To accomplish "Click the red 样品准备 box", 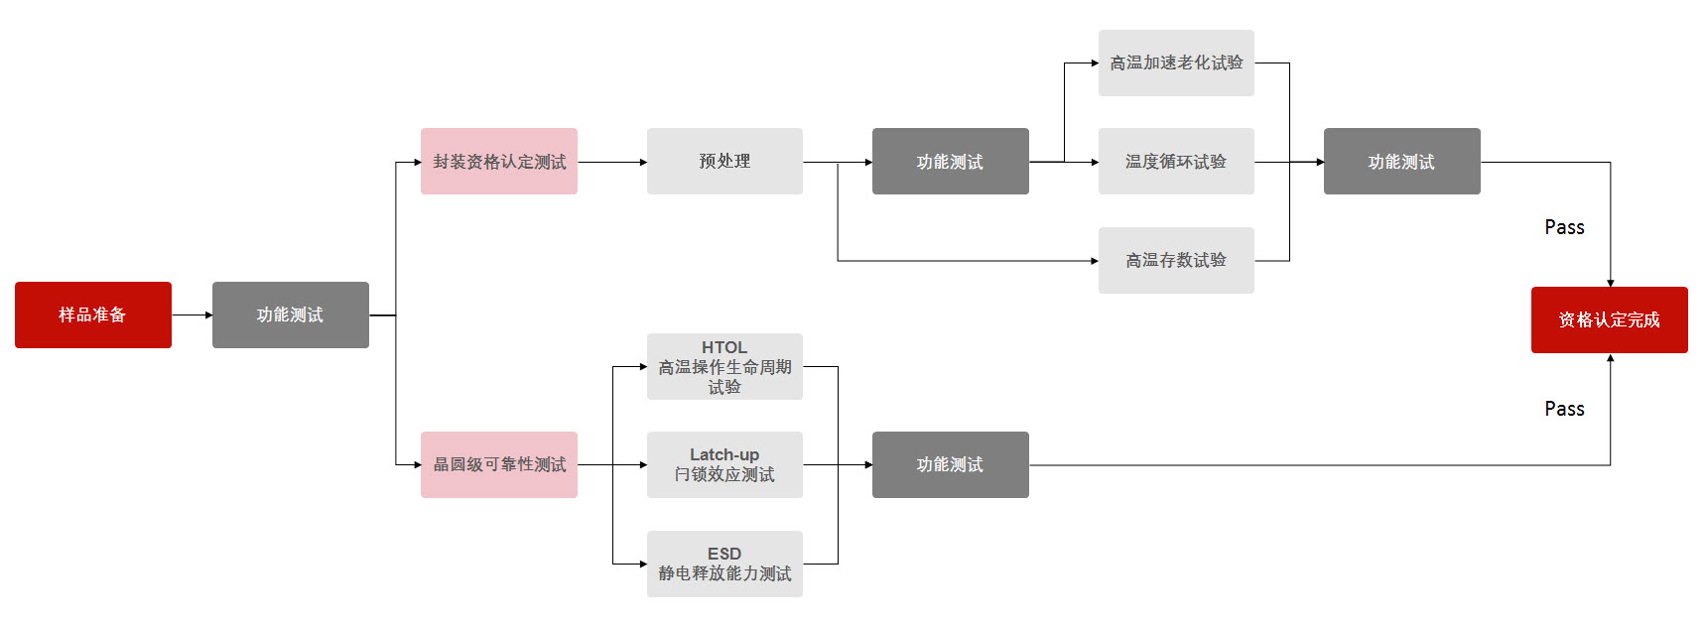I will pos(93,314).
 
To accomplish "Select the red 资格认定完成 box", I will pos(1609,319).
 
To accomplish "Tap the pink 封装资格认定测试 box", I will pos(498,161).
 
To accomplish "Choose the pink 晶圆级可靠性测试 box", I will pos(498,464).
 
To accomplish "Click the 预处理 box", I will pos(724,161).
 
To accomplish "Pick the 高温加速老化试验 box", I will pos(1176,63).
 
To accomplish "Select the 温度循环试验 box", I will pos(1176,161).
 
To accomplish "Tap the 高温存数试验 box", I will pos(1176,260).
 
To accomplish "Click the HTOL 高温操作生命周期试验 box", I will pos(724,367).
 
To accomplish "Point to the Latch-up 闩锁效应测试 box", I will pos(724,464).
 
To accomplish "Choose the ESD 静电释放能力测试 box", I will pos(724,564).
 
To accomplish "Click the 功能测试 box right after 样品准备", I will pos(290,314).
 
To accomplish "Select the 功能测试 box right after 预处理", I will pos(950,161).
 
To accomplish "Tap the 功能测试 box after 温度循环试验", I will pos(1401,161).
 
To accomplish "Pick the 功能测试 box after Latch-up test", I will pos(950,464).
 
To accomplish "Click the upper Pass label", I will pos(1564,227).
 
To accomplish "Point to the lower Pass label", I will pos(1564,409).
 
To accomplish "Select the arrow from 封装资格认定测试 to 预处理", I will pos(611,162).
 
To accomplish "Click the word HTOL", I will pos(724,347).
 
